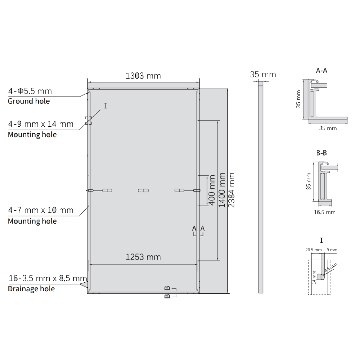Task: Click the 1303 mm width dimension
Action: (143, 76)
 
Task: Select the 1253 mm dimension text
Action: (143, 257)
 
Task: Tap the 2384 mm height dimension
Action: (232, 190)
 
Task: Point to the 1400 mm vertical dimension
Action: (222, 190)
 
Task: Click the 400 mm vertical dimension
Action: (212, 190)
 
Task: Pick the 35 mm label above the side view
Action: (263, 75)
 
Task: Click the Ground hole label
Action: (29, 101)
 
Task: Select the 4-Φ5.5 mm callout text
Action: (30, 91)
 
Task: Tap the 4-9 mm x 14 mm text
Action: (41, 124)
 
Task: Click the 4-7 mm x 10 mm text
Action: (41, 210)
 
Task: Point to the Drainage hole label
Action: (31, 289)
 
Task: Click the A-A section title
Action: (321, 71)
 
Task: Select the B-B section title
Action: (321, 153)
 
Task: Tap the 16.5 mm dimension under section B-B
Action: (324, 212)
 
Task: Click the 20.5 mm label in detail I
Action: (313, 250)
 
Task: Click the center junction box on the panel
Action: (143, 190)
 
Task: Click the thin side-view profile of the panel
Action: (261, 187)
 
